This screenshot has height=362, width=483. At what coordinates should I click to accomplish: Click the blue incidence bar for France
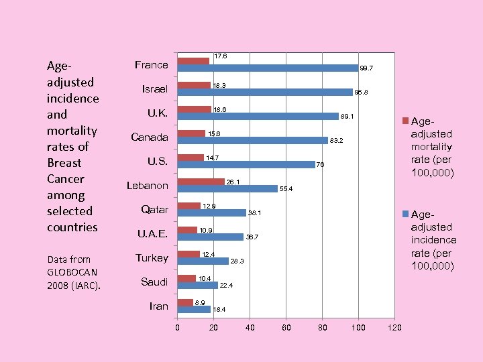point(267,68)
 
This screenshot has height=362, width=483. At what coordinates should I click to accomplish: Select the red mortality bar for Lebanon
point(201,182)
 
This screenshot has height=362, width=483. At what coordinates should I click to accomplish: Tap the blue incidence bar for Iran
point(194,309)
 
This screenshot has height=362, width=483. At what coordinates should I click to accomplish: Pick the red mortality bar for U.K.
point(194,109)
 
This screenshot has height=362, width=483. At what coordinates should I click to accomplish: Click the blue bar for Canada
point(252,141)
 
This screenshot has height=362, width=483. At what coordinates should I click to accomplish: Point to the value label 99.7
point(366,68)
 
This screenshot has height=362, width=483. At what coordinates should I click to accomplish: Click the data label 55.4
point(286,189)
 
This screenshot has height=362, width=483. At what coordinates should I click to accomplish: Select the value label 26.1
point(233,182)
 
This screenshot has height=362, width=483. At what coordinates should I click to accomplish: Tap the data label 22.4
point(227,286)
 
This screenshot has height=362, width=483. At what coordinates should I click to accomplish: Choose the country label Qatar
point(154,210)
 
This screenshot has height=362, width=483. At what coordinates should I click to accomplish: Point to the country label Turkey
point(152,258)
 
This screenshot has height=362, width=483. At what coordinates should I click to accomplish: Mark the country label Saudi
point(154,282)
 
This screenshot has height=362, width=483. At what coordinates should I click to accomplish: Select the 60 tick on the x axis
point(286,328)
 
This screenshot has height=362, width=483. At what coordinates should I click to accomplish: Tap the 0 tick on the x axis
point(177,328)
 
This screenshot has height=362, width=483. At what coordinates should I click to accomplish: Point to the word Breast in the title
point(64,163)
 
